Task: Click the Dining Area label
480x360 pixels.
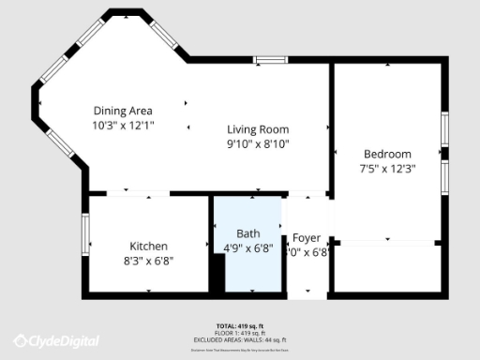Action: point(122,111)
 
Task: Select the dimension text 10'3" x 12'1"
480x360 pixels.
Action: point(122,125)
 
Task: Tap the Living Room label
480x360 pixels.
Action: point(258,129)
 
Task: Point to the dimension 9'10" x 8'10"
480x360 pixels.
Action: point(258,143)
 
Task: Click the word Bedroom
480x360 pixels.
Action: point(387,154)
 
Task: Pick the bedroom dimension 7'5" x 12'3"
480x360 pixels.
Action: point(387,169)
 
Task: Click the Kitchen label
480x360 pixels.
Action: point(148,246)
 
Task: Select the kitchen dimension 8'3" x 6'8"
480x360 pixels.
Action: point(148,261)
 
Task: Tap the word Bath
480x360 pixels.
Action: point(247,233)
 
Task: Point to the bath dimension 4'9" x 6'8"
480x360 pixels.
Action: point(247,248)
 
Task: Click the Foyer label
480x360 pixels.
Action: point(307,238)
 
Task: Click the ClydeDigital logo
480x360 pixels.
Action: point(56,340)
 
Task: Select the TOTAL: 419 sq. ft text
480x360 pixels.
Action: point(239,325)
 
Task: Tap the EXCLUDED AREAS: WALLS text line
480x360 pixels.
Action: point(239,338)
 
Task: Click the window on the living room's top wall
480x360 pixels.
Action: point(271,61)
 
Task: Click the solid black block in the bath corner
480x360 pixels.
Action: point(217,273)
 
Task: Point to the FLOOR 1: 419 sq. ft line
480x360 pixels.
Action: point(239,332)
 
